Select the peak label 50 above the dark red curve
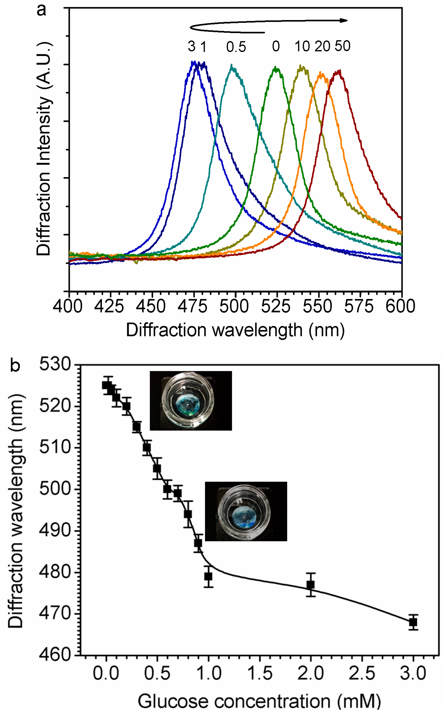(x=342, y=46)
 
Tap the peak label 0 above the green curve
(x=276, y=47)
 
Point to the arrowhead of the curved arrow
(x=344, y=20)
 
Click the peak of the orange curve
(x=321, y=73)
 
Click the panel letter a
(x=42, y=10)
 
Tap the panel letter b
(x=15, y=365)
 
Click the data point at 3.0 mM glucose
(x=413, y=622)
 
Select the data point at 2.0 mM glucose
(x=311, y=585)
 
